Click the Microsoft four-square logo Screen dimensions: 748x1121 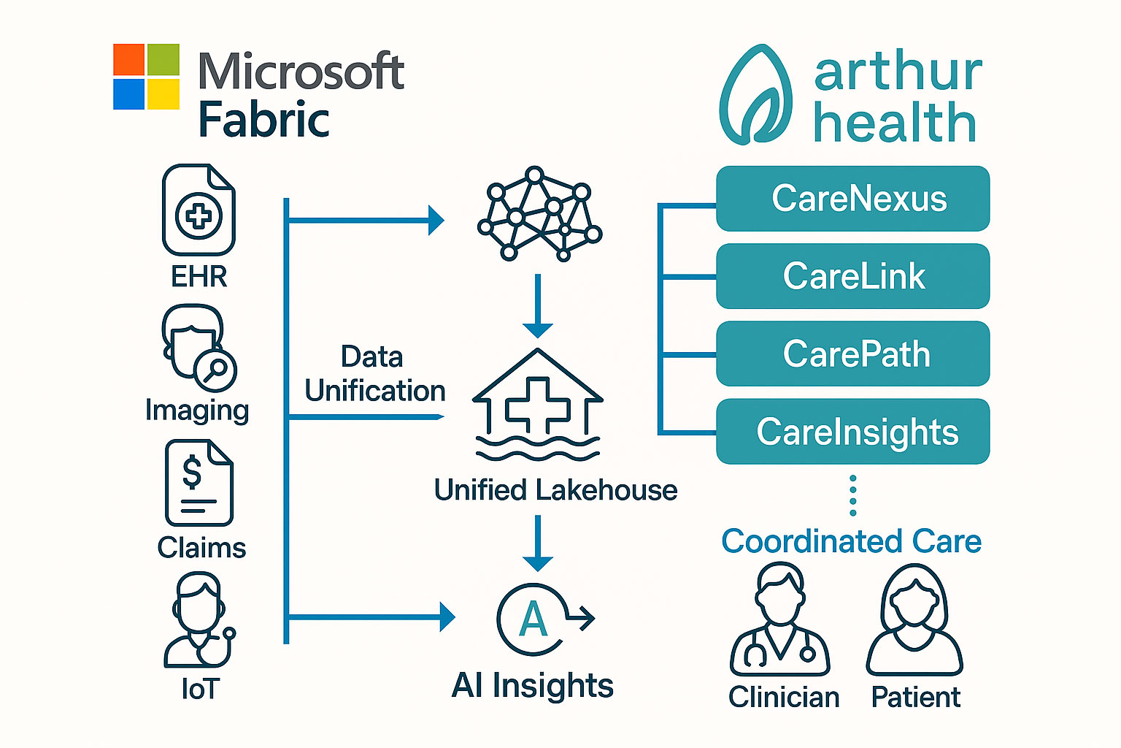coord(146,77)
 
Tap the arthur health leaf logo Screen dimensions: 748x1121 coord(756,95)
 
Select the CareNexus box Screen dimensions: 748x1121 coord(852,199)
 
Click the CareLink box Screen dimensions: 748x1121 coord(852,276)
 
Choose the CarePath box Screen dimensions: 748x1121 coord(852,354)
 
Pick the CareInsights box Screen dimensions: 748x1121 coord(852,431)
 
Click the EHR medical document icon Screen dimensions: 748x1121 coord(199,210)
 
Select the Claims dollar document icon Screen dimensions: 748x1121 coord(199,483)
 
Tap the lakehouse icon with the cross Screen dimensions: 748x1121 coord(538,405)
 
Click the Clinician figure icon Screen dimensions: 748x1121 coord(780,621)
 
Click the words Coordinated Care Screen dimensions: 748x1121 coord(851,541)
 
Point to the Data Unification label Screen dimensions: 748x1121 coord(374,374)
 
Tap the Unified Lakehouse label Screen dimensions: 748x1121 coord(555,490)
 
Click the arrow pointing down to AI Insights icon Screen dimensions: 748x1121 coord(538,544)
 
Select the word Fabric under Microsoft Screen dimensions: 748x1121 coord(264,120)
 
